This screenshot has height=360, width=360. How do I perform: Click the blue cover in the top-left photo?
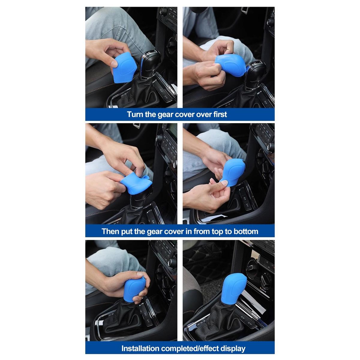125,67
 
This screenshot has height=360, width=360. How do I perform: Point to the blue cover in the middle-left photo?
136,183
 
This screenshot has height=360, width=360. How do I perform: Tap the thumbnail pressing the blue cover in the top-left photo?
114,64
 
